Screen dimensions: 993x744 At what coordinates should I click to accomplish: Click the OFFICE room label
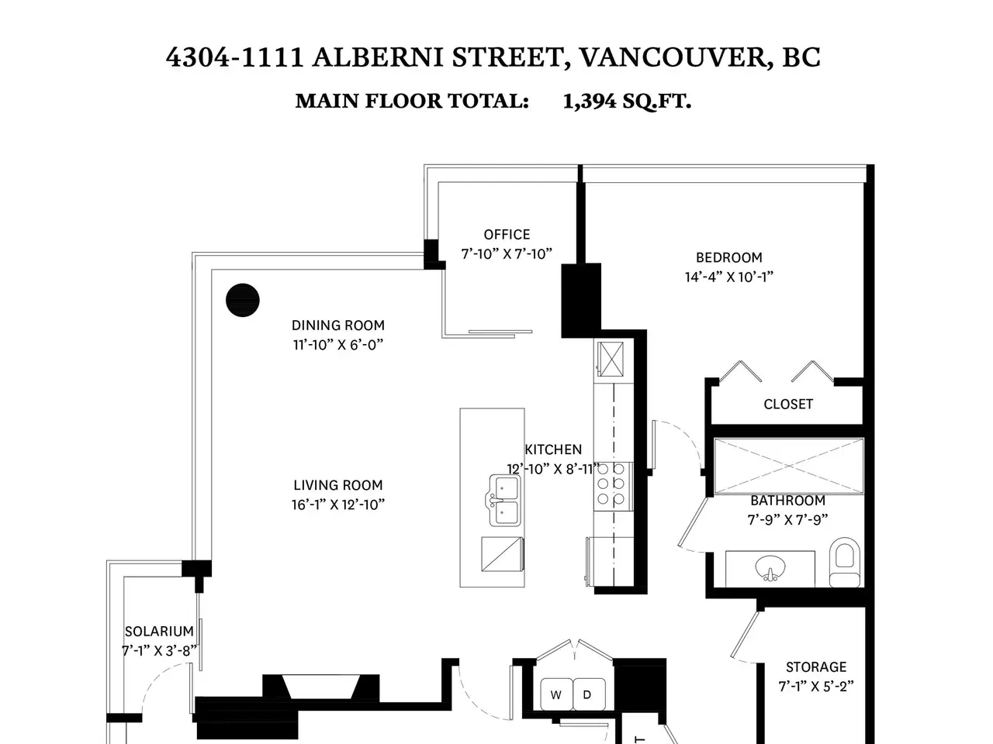coord(507,235)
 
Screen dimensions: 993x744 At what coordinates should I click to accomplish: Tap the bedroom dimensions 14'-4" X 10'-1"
coord(728,277)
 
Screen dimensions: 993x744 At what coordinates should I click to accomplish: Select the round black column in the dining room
coord(243,300)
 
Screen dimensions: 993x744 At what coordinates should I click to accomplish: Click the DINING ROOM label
coord(338,325)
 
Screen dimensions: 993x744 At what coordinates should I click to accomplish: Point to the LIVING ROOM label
coord(338,485)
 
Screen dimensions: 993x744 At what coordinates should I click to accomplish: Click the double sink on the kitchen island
coord(503,501)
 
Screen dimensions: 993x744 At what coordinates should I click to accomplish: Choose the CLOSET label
coord(788,405)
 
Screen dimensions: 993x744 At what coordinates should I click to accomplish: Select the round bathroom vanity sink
coord(770,568)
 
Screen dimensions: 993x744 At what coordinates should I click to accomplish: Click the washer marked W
coord(556,694)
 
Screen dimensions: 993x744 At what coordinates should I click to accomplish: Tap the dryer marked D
coord(589,694)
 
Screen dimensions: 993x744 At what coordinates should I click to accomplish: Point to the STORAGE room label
coord(816,667)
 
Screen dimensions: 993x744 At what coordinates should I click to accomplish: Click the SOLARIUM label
coord(159,631)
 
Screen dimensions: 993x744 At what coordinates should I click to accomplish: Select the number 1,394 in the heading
coord(589,102)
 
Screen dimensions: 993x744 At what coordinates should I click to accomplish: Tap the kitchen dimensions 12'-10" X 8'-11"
coord(553,469)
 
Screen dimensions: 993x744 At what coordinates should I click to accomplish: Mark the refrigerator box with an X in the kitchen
coord(611,359)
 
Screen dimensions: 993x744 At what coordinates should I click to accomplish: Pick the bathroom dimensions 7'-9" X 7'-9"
coord(787,520)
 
